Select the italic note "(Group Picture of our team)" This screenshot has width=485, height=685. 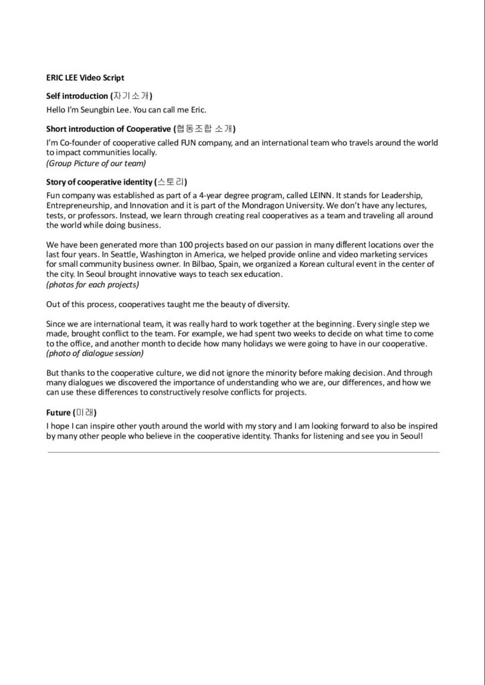96,163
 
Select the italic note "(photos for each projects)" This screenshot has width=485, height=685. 92,284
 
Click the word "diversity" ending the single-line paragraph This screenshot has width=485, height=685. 272,304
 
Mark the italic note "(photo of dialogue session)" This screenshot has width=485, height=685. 94,353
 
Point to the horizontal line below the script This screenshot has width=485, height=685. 243,453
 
